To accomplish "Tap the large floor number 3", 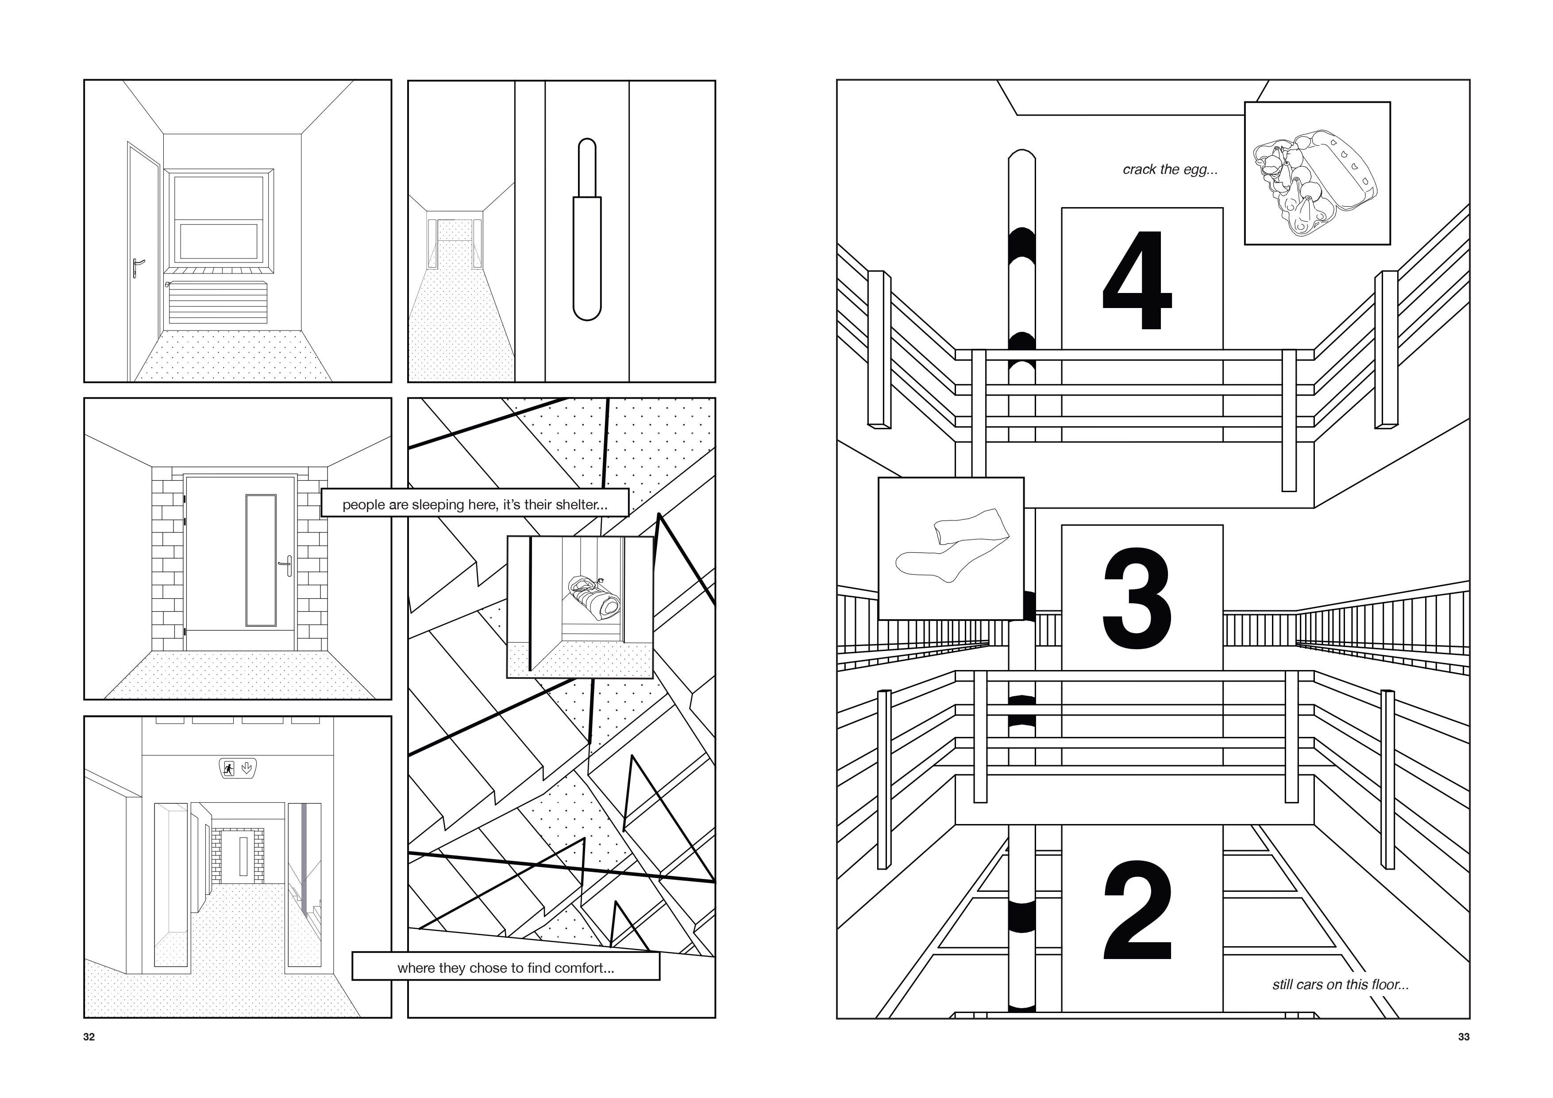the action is click(x=1137, y=598).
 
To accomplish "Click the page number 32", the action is click(x=89, y=1037).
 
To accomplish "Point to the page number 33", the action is click(x=1464, y=1037).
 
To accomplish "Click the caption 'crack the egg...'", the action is click(x=1170, y=170).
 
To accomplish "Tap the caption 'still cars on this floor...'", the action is click(x=1341, y=984).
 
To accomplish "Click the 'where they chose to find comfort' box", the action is click(x=505, y=967).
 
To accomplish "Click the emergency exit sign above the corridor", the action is click(x=238, y=768).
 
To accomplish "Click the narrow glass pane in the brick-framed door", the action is click(x=261, y=560).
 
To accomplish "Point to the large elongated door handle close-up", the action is click(x=586, y=229).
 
